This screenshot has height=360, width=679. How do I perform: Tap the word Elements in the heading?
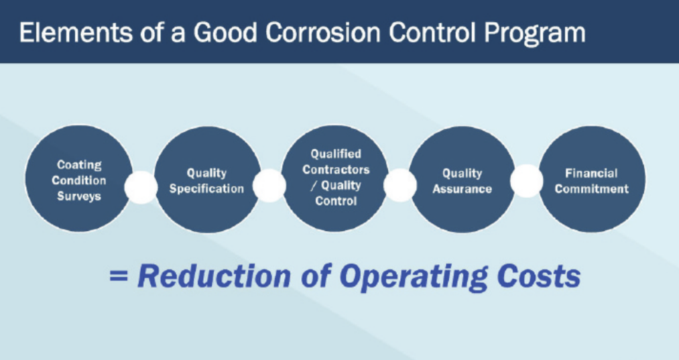[x=76, y=32]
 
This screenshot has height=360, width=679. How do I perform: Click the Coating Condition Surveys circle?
[x=79, y=179]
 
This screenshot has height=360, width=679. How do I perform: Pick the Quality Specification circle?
[x=207, y=180]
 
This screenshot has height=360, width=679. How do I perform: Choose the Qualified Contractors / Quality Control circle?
[x=336, y=178]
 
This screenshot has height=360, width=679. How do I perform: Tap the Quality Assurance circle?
[x=462, y=180]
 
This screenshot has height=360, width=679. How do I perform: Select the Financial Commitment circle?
[x=592, y=180]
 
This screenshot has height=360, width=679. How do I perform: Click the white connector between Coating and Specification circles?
[x=141, y=187]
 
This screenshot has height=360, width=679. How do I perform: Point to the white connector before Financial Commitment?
[x=526, y=181]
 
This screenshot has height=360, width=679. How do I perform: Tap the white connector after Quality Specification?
[x=269, y=186]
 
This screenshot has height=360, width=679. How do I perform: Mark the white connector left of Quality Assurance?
[x=400, y=185]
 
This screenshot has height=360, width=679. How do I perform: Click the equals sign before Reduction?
[x=119, y=276]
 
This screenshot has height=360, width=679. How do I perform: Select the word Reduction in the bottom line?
[x=214, y=276]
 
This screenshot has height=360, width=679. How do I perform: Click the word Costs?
[x=538, y=276]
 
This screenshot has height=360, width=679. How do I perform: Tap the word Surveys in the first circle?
[x=80, y=196]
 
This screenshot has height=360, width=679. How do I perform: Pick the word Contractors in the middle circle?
[x=336, y=169]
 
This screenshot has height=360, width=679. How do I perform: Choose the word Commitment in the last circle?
[x=592, y=189]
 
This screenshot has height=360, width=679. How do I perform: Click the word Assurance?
[x=462, y=189]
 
